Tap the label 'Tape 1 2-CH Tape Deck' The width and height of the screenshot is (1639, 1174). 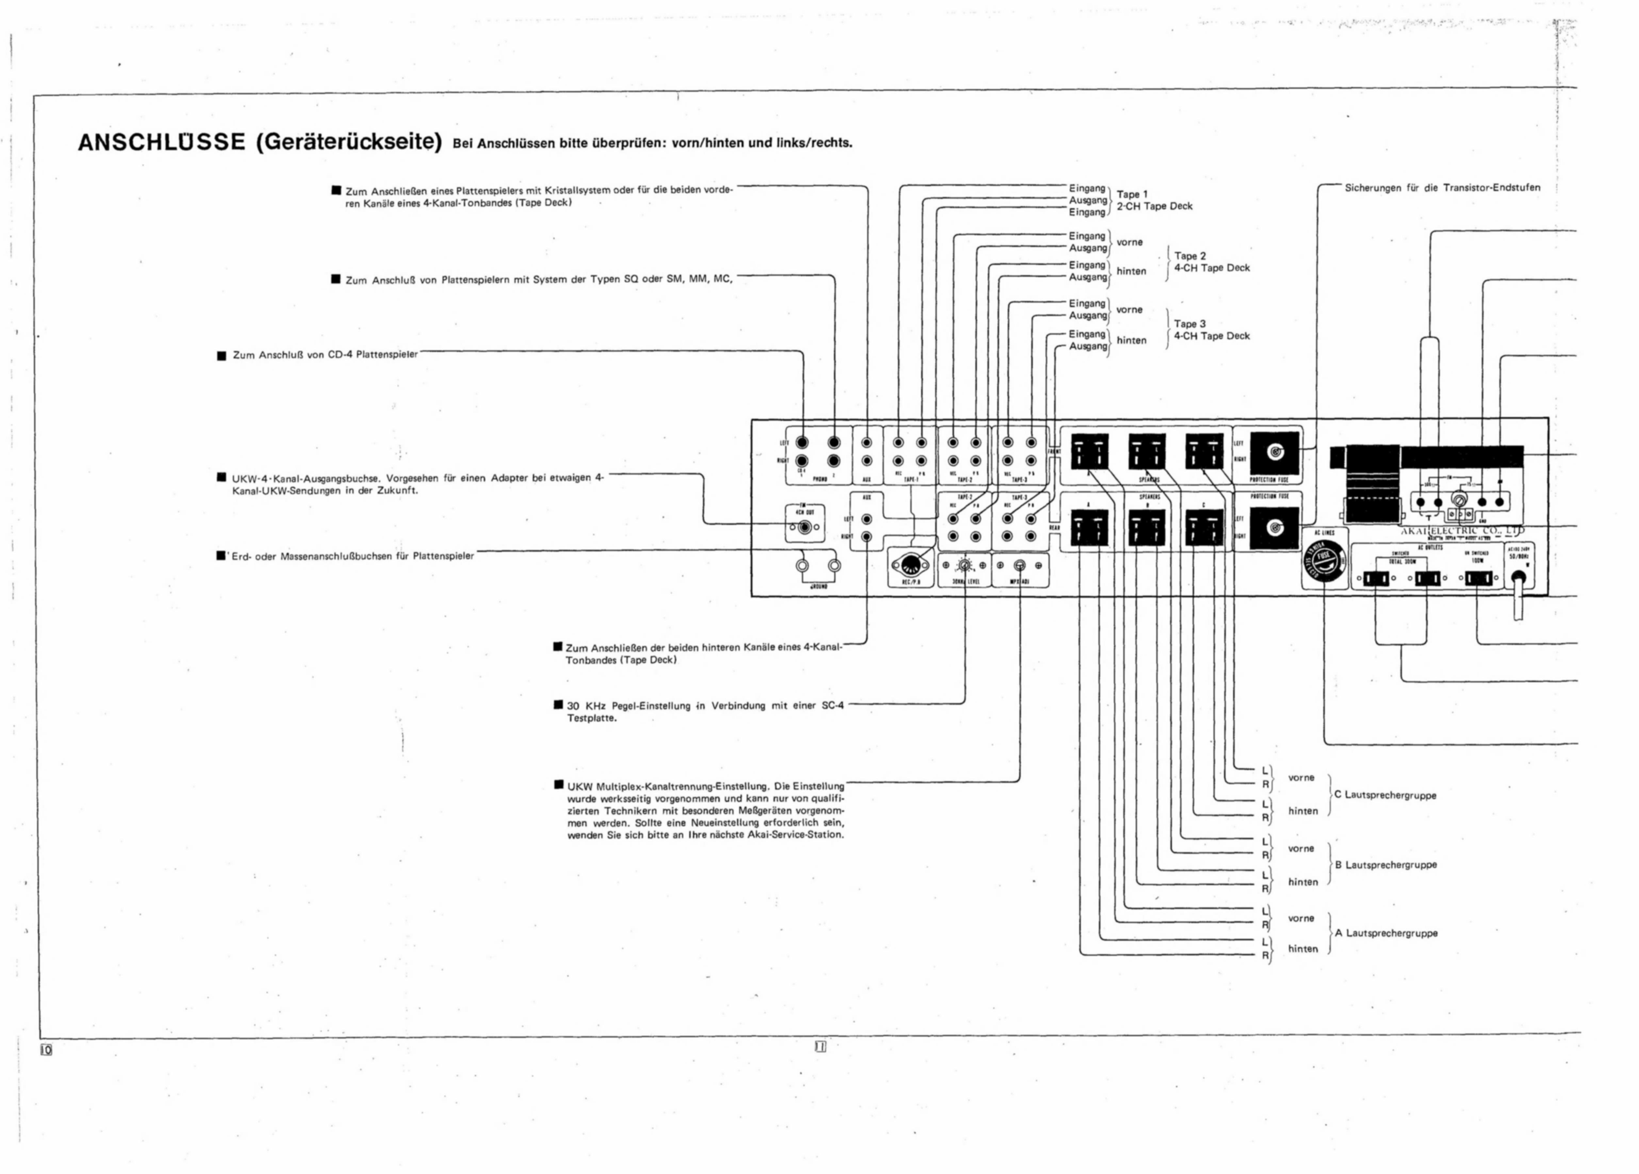(x=1154, y=200)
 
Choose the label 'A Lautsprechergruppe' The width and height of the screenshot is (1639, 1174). (x=1385, y=933)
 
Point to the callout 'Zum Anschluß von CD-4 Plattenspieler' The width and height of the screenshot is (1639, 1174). (x=324, y=355)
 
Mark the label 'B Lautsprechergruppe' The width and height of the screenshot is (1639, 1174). (x=1385, y=864)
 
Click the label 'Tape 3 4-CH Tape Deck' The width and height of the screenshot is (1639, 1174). (x=1211, y=330)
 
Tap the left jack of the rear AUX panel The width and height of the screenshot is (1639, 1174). (x=866, y=519)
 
